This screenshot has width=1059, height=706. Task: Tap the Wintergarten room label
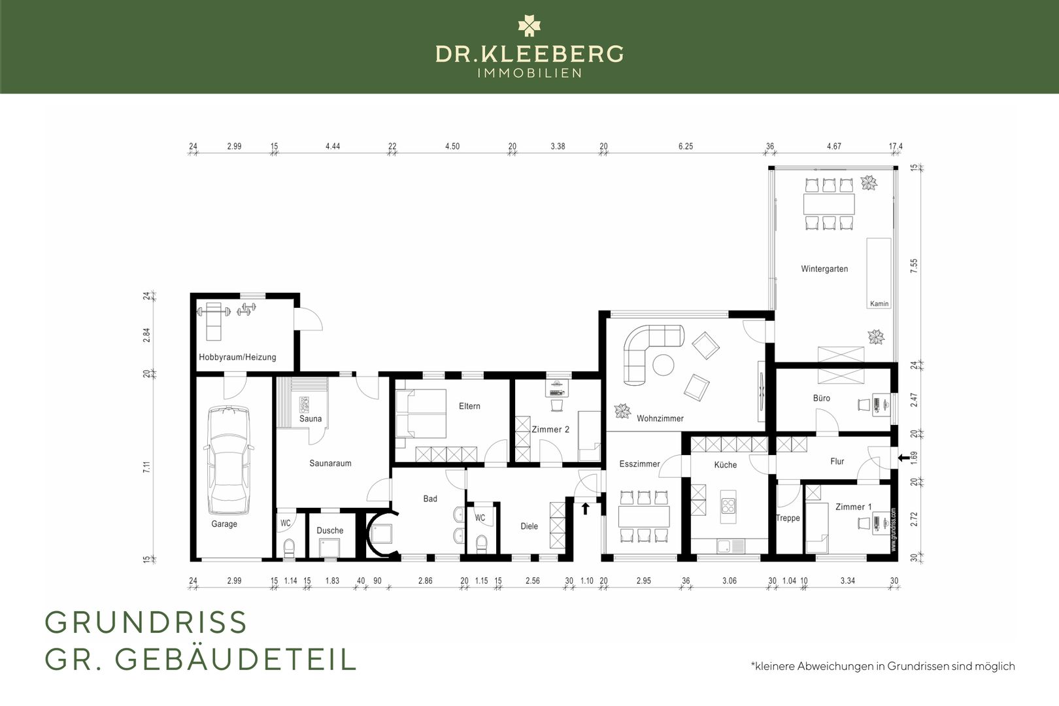pyautogui.click(x=824, y=269)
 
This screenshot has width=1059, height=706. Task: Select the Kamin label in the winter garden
pyautogui.click(x=879, y=303)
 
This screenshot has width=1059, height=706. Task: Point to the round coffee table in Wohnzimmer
pyautogui.click(x=664, y=365)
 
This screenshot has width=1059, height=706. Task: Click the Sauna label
pyautogui.click(x=310, y=419)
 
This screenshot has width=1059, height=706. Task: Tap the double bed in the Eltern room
pyautogui.click(x=421, y=413)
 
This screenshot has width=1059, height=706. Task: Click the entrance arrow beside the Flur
pyautogui.click(x=903, y=458)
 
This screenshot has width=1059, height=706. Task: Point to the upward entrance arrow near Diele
pyautogui.click(x=585, y=509)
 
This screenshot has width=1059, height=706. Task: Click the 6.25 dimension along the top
pyautogui.click(x=686, y=146)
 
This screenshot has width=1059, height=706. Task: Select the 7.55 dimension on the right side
pyautogui.click(x=914, y=265)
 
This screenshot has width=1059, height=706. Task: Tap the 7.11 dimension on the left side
pyautogui.click(x=146, y=467)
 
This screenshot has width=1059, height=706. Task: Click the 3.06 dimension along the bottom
pyautogui.click(x=729, y=580)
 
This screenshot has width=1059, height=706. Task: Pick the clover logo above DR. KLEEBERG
pyautogui.click(x=529, y=25)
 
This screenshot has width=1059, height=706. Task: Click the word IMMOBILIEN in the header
pyautogui.click(x=529, y=73)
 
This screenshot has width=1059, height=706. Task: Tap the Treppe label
pyautogui.click(x=788, y=518)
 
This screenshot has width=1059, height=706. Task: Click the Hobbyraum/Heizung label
pyautogui.click(x=237, y=357)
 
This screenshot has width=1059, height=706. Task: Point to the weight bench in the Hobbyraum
pyautogui.click(x=214, y=320)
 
